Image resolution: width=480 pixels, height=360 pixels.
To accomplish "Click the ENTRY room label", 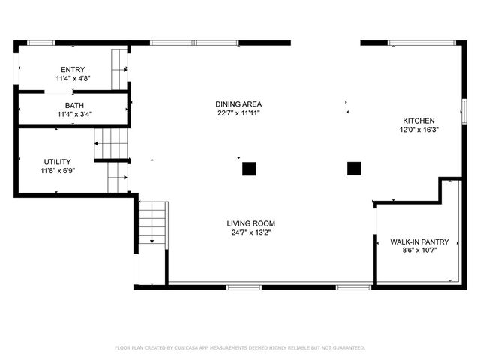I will [73, 69].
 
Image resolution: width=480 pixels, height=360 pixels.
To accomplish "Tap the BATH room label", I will [74, 106].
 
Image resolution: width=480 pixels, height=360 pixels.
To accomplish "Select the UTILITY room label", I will [58, 161].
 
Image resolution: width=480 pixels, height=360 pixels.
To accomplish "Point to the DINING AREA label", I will [238, 104].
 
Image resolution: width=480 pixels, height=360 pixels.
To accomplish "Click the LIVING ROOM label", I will [251, 223].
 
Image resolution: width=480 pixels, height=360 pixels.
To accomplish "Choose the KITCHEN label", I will [418, 121].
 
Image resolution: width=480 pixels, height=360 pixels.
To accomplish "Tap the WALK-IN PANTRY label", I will [419, 241].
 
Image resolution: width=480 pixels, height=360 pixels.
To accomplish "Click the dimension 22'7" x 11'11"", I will [238, 113].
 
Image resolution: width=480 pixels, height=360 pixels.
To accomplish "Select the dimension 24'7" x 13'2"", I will [251, 232].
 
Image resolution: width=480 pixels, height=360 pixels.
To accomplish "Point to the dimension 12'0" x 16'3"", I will [418, 130].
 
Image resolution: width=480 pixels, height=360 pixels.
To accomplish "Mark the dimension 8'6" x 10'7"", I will [419, 250].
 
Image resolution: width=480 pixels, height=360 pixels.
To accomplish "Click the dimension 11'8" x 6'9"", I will [58, 170].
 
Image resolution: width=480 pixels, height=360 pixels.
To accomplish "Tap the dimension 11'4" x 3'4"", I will [74, 115].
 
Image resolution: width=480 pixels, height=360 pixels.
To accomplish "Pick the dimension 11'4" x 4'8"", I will [73, 78].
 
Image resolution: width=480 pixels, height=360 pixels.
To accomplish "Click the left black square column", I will [249, 169].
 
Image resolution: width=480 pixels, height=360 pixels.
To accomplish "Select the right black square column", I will [354, 168].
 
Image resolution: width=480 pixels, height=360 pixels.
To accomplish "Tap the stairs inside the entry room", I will [119, 69].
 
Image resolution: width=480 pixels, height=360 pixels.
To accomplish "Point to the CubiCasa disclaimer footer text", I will [239, 348].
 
